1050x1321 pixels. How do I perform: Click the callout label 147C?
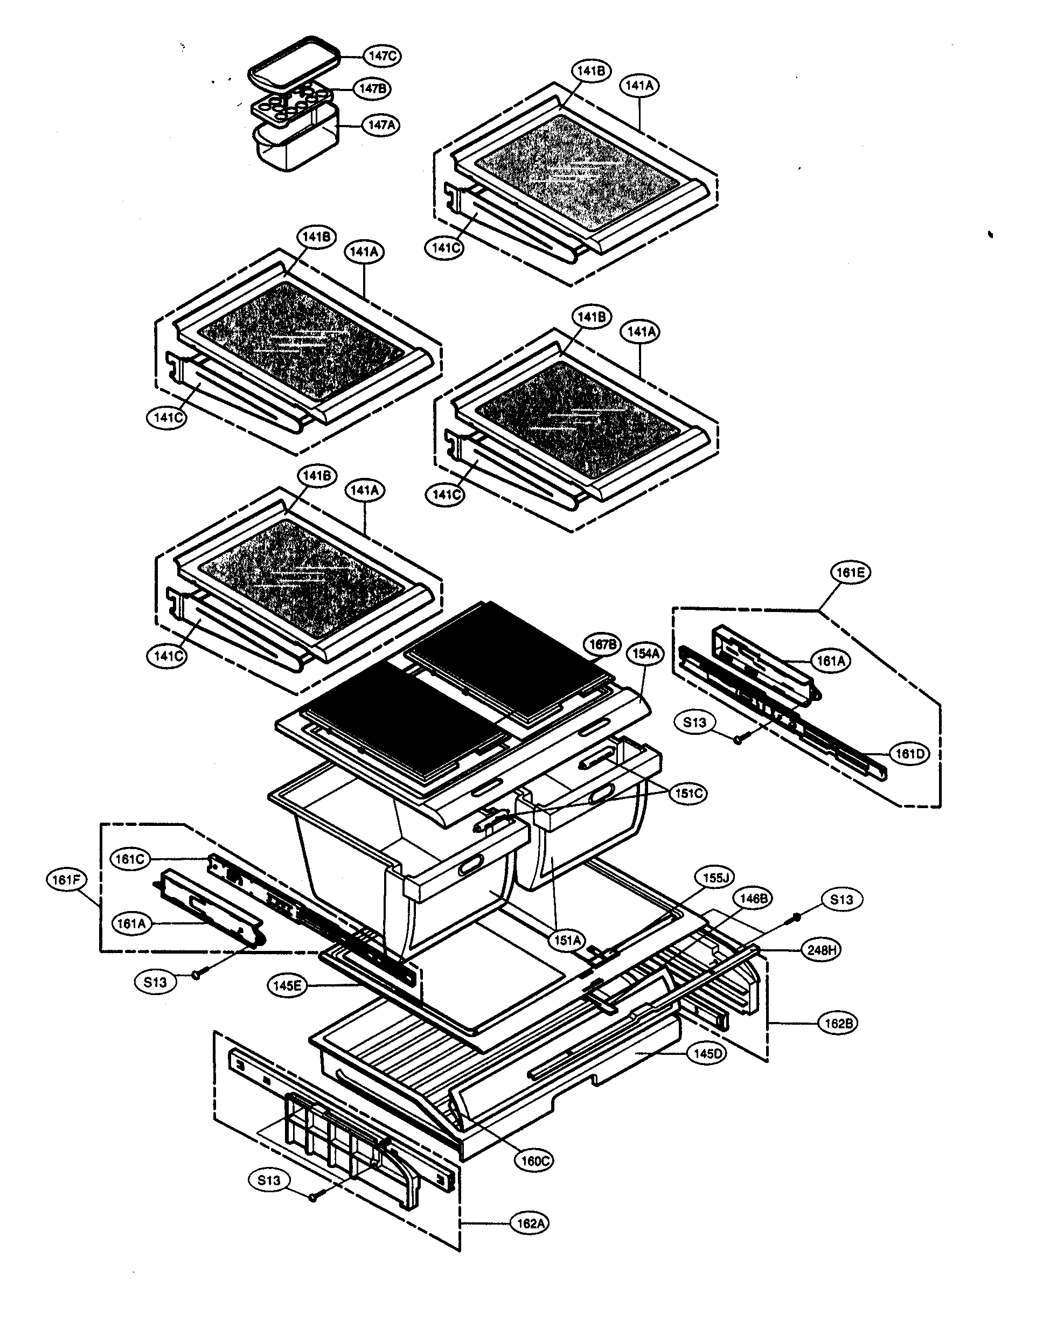point(383,55)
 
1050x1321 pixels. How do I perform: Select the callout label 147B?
point(372,88)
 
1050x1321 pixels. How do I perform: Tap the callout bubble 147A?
point(381,125)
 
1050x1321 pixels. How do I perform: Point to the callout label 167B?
point(603,644)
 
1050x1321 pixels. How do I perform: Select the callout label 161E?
point(850,572)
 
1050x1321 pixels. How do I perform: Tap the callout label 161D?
point(910,754)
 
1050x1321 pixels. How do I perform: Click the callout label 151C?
point(688,794)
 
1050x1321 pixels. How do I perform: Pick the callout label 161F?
point(66,880)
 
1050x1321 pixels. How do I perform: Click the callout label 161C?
point(130,859)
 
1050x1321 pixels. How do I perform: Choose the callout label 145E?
point(287,985)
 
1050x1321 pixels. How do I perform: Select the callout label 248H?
point(821,950)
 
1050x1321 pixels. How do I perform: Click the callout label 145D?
point(707,1054)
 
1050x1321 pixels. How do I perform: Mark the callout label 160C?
point(534,1160)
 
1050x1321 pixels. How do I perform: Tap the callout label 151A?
point(567,941)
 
